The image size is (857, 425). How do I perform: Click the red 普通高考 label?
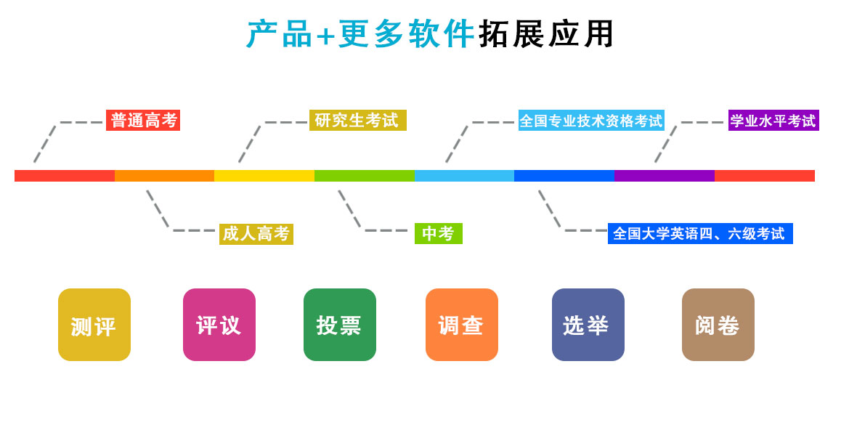(x=143, y=121)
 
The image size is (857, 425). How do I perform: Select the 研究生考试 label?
(x=357, y=121)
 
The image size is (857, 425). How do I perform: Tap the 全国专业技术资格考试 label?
(x=591, y=121)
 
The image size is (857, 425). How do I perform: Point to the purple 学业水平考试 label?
(x=773, y=121)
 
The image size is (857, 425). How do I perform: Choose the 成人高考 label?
(x=256, y=234)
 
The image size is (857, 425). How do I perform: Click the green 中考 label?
(x=438, y=234)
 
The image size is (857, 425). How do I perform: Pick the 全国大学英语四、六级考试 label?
(x=699, y=234)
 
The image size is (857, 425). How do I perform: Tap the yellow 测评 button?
(x=94, y=325)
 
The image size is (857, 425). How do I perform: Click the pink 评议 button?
(x=219, y=325)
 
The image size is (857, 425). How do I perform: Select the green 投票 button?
(x=340, y=325)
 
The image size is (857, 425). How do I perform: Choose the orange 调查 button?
(x=462, y=325)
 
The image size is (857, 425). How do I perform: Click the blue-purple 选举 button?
(x=588, y=325)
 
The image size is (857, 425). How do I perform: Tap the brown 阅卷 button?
(x=718, y=325)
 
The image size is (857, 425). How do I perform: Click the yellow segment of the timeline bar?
(x=264, y=176)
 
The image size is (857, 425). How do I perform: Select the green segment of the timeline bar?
(x=365, y=176)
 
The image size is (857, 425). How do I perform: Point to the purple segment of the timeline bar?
(x=665, y=176)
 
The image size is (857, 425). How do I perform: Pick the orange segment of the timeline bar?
(x=164, y=176)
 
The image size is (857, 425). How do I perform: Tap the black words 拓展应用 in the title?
(x=546, y=34)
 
